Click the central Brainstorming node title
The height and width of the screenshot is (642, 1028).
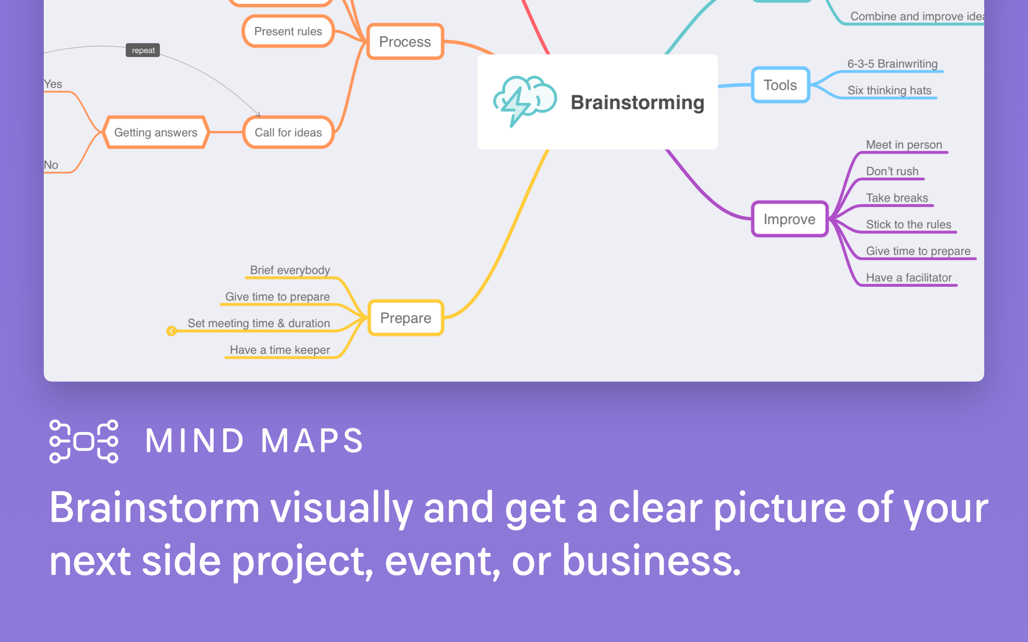[x=637, y=103]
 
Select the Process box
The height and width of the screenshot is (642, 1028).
[x=405, y=42]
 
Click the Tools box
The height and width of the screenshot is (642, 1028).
[x=780, y=85]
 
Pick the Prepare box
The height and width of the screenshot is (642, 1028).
[x=406, y=318]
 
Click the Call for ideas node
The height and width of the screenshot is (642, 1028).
[x=288, y=132]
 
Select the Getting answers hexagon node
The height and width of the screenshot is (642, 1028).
[x=156, y=132]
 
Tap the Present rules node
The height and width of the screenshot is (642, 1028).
[x=288, y=31]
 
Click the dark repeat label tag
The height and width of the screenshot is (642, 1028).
[x=143, y=50]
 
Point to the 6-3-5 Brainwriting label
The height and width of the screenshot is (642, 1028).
[x=892, y=64]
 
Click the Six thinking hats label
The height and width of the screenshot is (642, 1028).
[x=889, y=90]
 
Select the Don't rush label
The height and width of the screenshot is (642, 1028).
[x=892, y=171]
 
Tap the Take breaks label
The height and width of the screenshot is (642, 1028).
[x=897, y=198]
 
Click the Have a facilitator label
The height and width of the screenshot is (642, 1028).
[x=909, y=278]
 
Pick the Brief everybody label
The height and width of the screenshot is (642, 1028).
[x=290, y=270]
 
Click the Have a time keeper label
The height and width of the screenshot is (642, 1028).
[x=279, y=350]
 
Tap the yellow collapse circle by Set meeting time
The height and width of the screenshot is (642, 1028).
[x=171, y=331]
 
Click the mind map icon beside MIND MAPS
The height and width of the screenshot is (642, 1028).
[x=84, y=441]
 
